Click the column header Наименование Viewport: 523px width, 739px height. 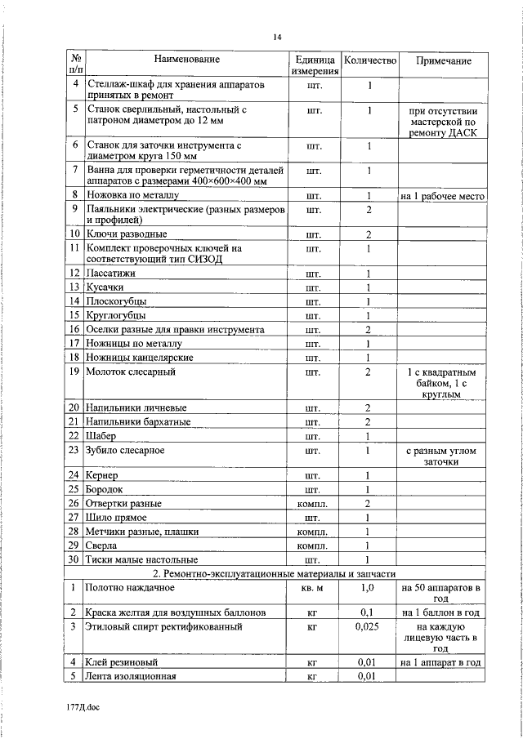pyautogui.click(x=187, y=60)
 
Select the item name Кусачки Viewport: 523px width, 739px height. pyautogui.click(x=106, y=287)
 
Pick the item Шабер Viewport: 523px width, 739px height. pyautogui.click(x=101, y=435)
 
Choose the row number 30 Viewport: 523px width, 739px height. pyautogui.click(x=74, y=559)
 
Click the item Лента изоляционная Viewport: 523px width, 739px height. pyautogui.click(x=131, y=676)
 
